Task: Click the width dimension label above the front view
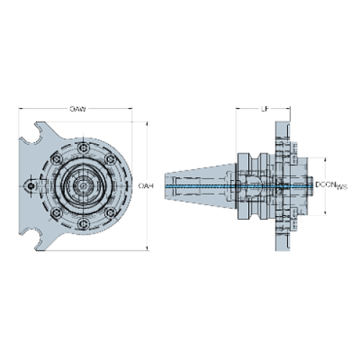coord(78,109)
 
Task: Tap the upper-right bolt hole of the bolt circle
coord(109,159)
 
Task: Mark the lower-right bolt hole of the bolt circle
coord(109,212)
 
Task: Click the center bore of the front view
coord(82,185)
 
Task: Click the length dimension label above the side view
coord(264,109)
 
